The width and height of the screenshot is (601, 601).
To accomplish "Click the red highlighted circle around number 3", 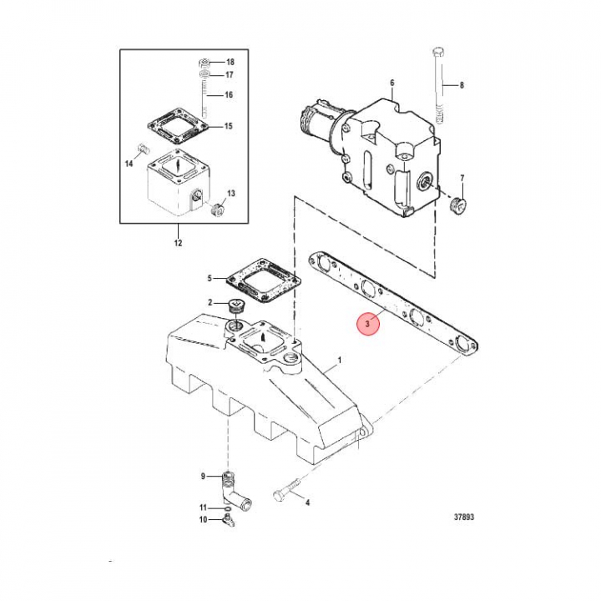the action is coord(367,324).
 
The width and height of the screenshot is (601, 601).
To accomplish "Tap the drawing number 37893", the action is coord(464,517).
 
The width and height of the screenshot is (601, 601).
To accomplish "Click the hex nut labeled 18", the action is coord(205,63).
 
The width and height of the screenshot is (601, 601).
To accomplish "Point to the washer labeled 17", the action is coord(205,73).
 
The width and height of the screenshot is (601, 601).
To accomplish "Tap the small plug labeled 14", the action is coord(143,149).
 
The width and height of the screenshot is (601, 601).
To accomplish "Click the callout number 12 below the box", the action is coord(179,243).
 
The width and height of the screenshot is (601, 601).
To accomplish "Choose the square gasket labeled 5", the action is coord(263,282).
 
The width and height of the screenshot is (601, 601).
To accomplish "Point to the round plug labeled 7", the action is coord(457,207).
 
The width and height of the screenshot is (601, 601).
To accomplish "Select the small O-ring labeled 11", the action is coord(227,508).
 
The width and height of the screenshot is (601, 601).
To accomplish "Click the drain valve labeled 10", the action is coord(229,521).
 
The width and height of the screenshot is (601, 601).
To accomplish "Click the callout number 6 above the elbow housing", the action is coord(392,83).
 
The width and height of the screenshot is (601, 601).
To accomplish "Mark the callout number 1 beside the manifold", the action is coord(339,361).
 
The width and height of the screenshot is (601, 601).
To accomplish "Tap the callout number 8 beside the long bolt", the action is coord(462,85).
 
